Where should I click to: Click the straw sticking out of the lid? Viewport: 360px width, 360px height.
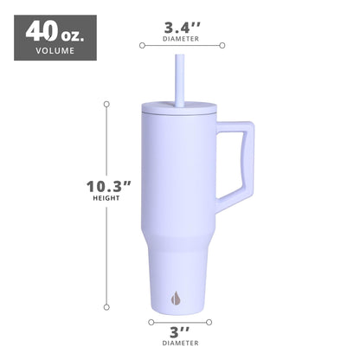pyautogui.click(x=179, y=78)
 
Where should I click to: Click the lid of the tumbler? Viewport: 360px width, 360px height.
pyautogui.click(x=179, y=110)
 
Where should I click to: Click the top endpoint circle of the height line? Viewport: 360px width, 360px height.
pyautogui.click(x=106, y=104)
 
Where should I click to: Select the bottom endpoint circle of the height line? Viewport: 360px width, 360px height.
pyautogui.click(x=106, y=306)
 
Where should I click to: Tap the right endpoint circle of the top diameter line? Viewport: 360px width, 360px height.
pyautogui.click(x=222, y=45)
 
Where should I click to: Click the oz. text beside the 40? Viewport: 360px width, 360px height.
pyautogui.click(x=73, y=34)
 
